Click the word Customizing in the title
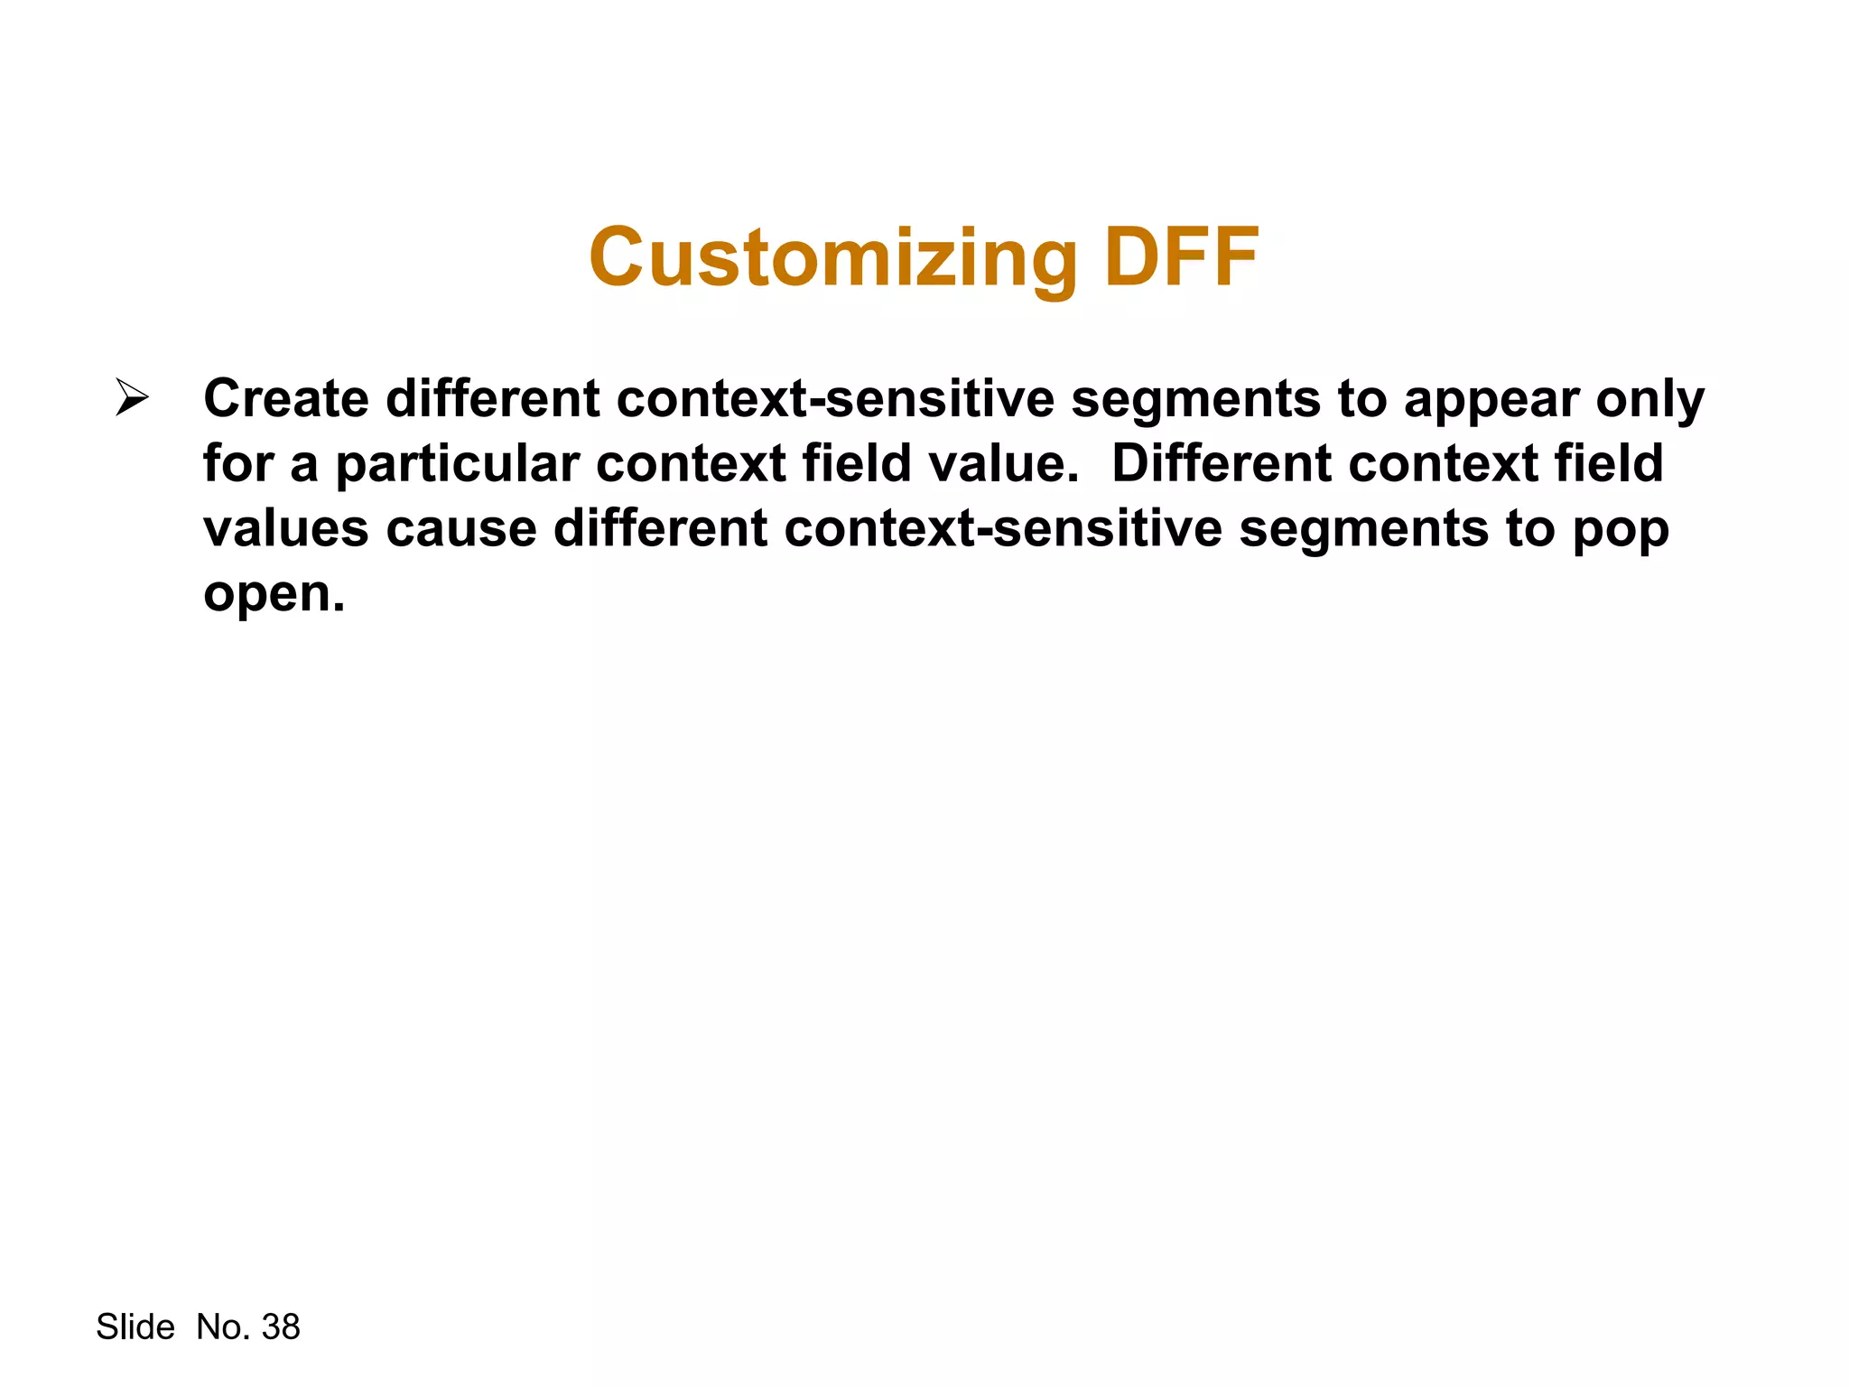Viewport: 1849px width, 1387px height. click(832, 258)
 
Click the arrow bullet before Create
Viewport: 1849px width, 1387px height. click(132, 398)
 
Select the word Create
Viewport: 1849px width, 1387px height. click(286, 398)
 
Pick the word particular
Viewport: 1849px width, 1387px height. click(457, 465)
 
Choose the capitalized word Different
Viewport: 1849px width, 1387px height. click(1222, 463)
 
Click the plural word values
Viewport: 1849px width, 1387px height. click(286, 529)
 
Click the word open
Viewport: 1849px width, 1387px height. click(273, 595)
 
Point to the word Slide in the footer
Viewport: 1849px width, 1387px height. click(135, 1327)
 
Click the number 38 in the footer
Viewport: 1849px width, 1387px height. click(281, 1327)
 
